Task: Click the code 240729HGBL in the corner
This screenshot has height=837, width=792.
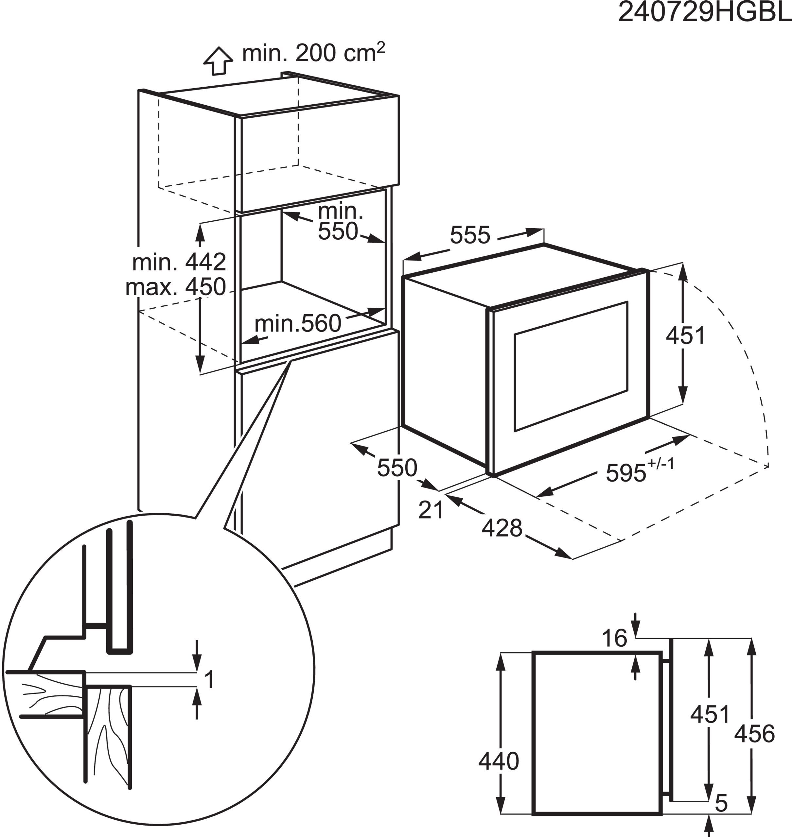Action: point(704,13)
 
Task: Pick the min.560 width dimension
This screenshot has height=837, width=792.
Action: point(298,324)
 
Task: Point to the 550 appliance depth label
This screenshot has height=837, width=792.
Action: point(397,468)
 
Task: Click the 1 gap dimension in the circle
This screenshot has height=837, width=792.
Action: point(209,680)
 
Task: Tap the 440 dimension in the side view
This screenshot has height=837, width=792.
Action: point(499,761)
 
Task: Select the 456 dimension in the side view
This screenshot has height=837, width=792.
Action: point(754,734)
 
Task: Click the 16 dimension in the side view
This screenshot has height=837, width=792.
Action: point(615,638)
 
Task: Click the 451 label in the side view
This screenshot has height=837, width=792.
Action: point(710,714)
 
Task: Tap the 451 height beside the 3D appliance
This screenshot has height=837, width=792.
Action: point(686,336)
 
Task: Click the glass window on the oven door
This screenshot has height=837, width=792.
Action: point(570,366)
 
